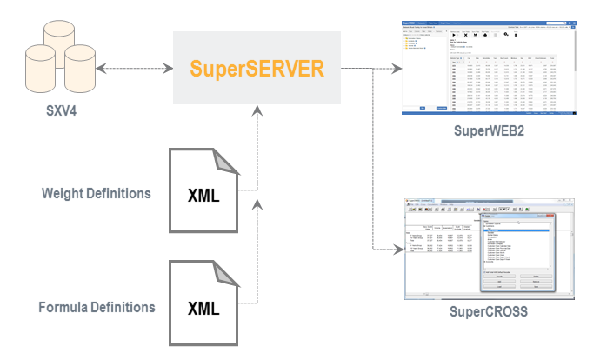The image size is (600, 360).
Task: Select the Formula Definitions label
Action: tap(97, 307)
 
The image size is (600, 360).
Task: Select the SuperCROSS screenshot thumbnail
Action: tap(490, 250)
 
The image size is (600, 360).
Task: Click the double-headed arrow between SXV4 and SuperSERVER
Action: tap(132, 68)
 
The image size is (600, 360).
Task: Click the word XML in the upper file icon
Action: tap(203, 195)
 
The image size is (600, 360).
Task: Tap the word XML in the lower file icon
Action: tap(203, 310)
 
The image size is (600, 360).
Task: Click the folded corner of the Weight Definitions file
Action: tap(226, 162)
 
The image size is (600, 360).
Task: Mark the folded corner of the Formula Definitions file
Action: tap(226, 277)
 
